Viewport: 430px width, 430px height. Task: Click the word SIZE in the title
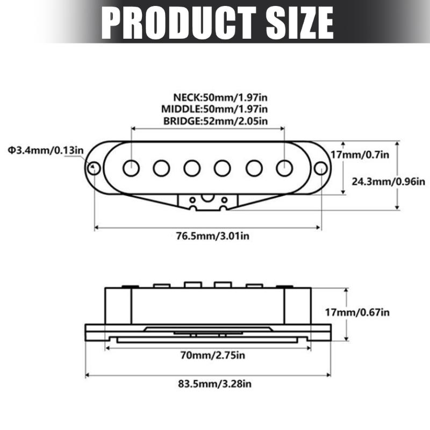point(291,23)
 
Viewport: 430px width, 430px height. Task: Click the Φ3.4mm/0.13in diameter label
point(45,149)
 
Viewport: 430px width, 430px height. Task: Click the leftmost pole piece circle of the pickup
point(130,168)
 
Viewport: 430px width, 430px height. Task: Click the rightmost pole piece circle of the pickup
point(284,168)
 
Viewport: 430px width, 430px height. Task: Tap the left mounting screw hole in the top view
point(95,168)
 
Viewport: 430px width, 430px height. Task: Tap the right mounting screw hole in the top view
point(320,168)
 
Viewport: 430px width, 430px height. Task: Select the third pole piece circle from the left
point(192,168)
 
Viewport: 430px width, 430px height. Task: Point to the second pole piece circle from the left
point(161,168)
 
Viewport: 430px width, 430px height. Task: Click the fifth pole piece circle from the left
point(254,168)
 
